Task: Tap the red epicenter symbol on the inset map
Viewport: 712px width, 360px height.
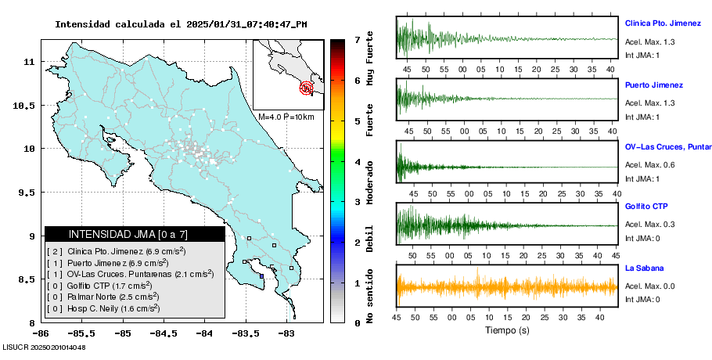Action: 307,88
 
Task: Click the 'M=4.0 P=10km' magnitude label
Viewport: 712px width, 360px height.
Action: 286,117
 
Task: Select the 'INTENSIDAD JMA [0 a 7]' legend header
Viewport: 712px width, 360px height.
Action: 135,234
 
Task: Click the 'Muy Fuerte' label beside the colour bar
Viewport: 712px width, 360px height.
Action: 369,59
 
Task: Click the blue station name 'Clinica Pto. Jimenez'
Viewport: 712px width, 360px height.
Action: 667,23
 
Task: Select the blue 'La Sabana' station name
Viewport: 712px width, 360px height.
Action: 645,268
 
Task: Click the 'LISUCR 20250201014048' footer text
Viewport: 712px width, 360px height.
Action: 44,347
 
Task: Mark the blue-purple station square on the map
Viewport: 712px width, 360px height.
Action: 261,275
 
